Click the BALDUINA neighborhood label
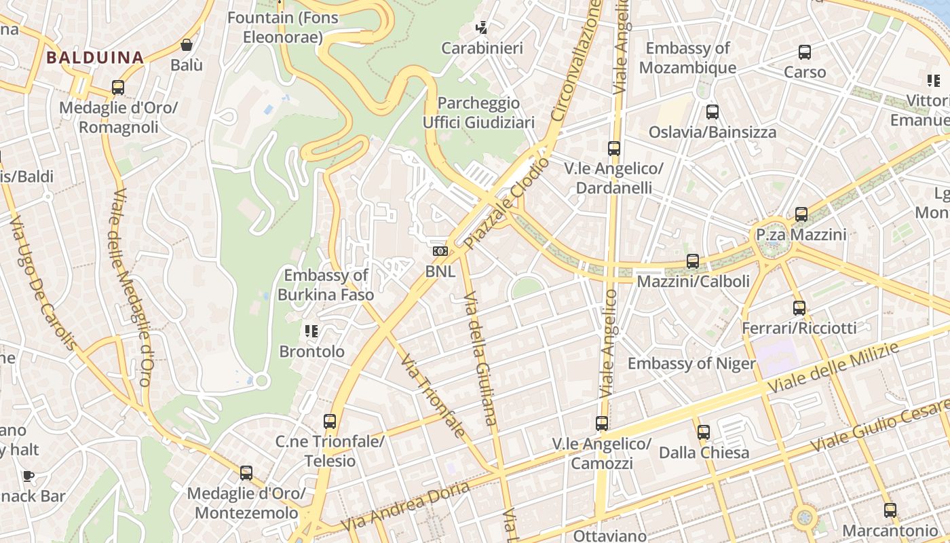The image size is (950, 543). click(x=95, y=58)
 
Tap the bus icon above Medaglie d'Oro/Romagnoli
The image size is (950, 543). click(x=118, y=88)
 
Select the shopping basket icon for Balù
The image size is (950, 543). click(x=187, y=45)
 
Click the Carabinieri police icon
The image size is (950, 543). click(x=482, y=28)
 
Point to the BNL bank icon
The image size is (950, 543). click(x=440, y=251)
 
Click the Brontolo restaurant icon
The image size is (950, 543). click(x=311, y=331)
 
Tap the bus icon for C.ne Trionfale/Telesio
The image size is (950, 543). click(x=330, y=422)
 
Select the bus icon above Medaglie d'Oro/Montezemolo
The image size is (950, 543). click(x=246, y=473)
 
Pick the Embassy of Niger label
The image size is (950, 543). click(x=691, y=364)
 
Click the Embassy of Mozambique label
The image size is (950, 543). click(x=687, y=58)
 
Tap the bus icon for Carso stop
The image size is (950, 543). click(x=805, y=52)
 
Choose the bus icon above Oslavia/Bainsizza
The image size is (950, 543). click(x=712, y=112)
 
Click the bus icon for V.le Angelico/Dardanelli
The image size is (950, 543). click(x=614, y=149)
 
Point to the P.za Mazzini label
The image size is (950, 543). click(x=801, y=235)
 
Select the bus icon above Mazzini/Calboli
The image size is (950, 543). click(x=693, y=261)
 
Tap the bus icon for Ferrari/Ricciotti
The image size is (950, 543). click(x=799, y=308)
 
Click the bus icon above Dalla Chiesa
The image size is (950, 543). click(x=704, y=432)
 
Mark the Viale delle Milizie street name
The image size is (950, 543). click(x=833, y=369)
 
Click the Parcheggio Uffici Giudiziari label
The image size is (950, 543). click(x=478, y=113)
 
